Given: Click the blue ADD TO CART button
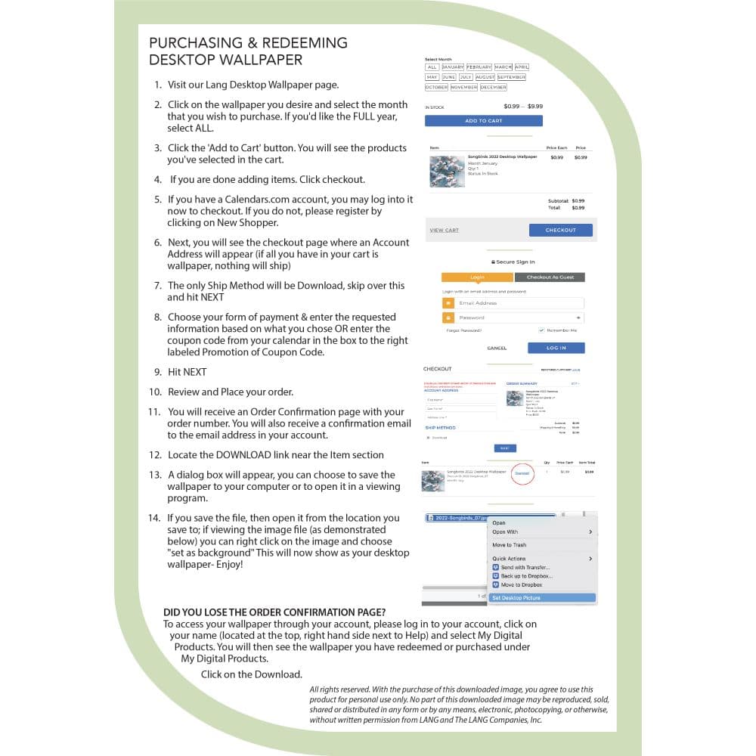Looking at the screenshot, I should [x=483, y=120].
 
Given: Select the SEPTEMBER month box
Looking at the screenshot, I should [x=511, y=77].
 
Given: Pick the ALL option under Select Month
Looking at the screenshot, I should [x=432, y=67].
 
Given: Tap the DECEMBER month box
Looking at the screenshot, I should [x=493, y=87].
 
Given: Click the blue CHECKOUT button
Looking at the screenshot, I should [x=560, y=230].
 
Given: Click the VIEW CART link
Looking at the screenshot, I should [x=444, y=230].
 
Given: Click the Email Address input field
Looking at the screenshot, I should [x=519, y=302].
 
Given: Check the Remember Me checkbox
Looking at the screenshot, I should [x=541, y=330].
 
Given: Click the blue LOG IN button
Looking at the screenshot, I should [x=556, y=348].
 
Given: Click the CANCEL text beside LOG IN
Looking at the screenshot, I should [x=497, y=348].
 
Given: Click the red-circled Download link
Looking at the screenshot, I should [x=522, y=473].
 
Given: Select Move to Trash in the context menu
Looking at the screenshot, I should [x=510, y=544].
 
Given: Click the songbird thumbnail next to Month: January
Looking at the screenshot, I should [x=446, y=171].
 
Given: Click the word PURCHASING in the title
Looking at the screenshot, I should [x=193, y=42].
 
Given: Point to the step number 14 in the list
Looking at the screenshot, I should [x=154, y=518].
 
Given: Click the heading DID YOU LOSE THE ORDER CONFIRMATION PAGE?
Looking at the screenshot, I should [x=274, y=612].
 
